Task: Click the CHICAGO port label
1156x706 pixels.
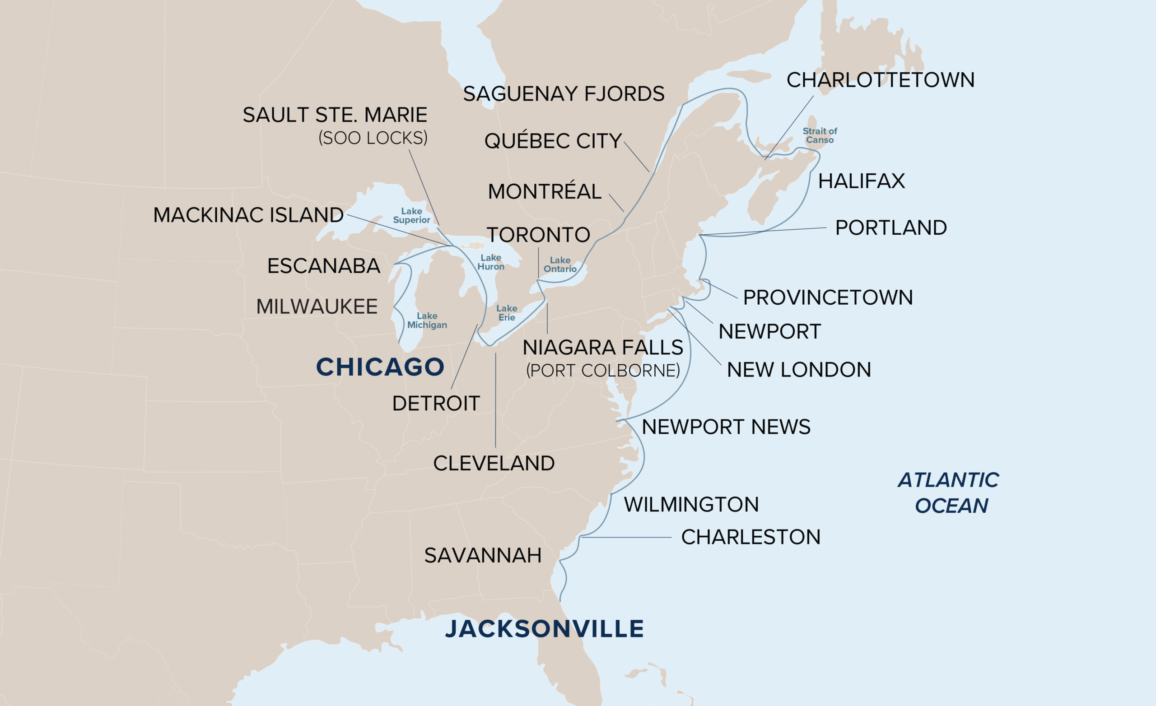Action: (x=380, y=367)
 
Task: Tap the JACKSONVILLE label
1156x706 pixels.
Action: (x=544, y=629)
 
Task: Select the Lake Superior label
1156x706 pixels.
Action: (x=411, y=216)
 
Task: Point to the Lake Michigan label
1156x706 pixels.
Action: (x=427, y=320)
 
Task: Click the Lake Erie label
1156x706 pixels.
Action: (x=507, y=313)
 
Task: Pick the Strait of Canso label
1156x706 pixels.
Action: (x=820, y=135)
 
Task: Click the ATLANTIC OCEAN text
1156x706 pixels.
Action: (x=949, y=492)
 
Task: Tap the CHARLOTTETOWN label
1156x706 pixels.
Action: (x=881, y=80)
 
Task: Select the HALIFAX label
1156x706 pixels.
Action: (x=862, y=181)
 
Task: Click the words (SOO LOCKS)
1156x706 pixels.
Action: (x=373, y=138)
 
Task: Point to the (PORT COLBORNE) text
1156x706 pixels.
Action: (x=603, y=371)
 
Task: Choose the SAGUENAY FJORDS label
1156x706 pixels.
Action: (x=564, y=94)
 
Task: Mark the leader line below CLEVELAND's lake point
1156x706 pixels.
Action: (x=495, y=399)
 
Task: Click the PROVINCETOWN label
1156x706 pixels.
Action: (x=828, y=297)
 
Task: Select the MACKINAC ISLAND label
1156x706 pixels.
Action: (x=248, y=215)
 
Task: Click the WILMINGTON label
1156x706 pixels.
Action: (x=691, y=505)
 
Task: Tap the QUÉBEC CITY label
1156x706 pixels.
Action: (x=553, y=141)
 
